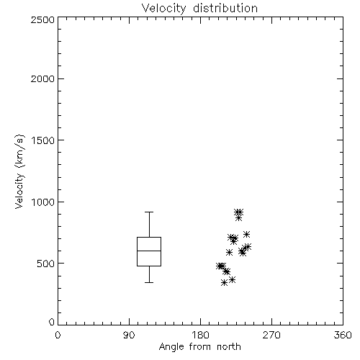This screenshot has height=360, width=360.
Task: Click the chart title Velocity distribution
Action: (199, 9)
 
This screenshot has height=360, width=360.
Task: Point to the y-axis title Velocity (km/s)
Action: (19, 171)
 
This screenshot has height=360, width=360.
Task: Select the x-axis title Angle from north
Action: (199, 347)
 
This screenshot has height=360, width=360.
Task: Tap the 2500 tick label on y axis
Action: (42, 19)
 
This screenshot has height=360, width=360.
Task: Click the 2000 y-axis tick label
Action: (42, 78)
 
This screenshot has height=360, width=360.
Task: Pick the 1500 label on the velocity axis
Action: (43, 140)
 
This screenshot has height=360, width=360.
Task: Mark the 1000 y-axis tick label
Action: (43, 202)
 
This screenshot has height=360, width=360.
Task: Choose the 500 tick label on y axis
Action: (46, 264)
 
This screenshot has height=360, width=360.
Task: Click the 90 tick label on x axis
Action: (129, 335)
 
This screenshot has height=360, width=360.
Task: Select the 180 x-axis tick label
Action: (200, 335)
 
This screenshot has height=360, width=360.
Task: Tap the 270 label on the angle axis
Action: (271, 335)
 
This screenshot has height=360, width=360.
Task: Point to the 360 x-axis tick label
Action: (343, 335)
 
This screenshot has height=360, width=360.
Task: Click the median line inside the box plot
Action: (149, 251)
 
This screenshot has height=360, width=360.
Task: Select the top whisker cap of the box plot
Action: (149, 212)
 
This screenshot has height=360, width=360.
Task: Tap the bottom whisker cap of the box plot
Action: (149, 282)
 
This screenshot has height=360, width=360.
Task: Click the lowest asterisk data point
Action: (224, 283)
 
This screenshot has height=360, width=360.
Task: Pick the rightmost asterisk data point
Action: (248, 246)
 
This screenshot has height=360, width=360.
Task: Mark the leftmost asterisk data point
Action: (220, 266)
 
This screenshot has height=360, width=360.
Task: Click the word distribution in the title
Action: (225, 9)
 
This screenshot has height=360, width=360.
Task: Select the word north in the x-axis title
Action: (229, 347)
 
